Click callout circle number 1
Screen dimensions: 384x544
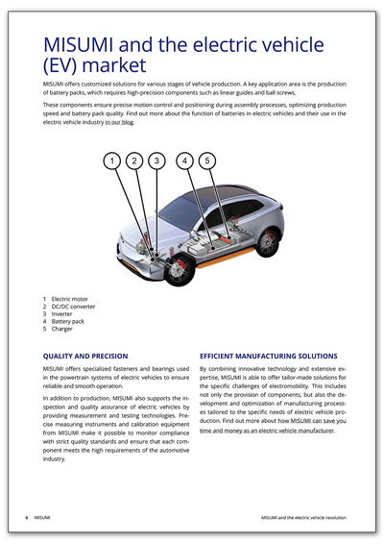[x=112, y=161]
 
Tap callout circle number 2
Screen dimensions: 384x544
[x=134, y=161]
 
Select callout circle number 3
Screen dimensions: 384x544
[x=156, y=161]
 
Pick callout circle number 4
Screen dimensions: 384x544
[x=184, y=161]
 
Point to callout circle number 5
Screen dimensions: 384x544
[x=207, y=161]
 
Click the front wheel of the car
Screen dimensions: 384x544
[x=180, y=270]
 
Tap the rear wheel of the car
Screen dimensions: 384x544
[x=267, y=242]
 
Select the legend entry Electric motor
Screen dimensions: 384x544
[x=70, y=299]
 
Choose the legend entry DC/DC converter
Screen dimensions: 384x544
[x=73, y=307]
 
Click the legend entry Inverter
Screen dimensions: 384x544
[x=61, y=314]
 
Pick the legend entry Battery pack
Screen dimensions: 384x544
[x=68, y=322]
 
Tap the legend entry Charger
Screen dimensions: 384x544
[x=61, y=329]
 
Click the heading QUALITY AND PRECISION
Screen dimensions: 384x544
[x=85, y=356]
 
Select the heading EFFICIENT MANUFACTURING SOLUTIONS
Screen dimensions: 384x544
[x=269, y=356]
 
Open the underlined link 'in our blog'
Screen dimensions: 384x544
[x=119, y=122]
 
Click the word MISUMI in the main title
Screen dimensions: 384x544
[x=79, y=44]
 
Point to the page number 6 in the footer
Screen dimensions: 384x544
[x=26, y=518]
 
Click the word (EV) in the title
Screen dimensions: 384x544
[x=60, y=65]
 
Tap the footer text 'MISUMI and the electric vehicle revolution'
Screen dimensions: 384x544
[x=303, y=518]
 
